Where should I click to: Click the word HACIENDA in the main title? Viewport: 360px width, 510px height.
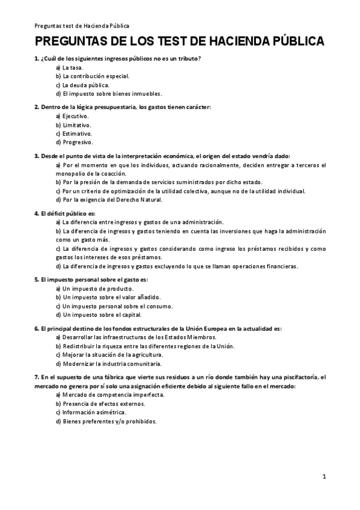(x=236, y=42)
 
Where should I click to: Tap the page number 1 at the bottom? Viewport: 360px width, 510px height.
(x=324, y=477)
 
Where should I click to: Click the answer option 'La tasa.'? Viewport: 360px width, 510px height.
(x=73, y=67)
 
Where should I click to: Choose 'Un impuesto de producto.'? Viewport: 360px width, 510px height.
(x=95, y=288)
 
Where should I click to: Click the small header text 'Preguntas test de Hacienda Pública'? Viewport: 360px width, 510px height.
(x=82, y=26)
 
